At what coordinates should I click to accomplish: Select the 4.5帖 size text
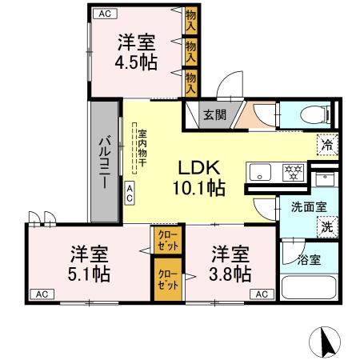[134, 61]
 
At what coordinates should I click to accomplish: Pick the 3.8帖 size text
[230, 272]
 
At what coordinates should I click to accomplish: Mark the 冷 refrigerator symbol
[327, 145]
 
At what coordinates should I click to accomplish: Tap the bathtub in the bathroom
[310, 287]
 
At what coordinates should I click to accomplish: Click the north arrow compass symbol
[326, 342]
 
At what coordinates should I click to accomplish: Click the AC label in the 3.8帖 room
[260, 294]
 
